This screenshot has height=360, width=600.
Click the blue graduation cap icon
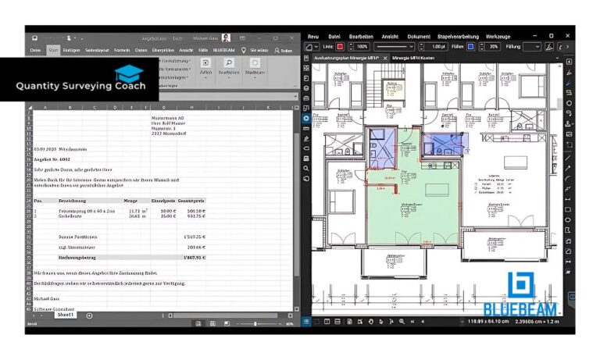coord(129,73)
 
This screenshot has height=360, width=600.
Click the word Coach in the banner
coord(127,87)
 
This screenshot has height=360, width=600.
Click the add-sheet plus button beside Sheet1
coord(89,315)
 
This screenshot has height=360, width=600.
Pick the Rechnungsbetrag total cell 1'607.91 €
coord(193,256)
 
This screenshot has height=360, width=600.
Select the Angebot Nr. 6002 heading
coord(52,159)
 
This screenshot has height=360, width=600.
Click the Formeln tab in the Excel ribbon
coord(123,50)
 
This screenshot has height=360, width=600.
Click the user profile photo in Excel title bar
coord(226,37)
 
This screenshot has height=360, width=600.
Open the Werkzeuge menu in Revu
coord(498,36)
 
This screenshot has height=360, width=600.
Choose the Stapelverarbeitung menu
coord(457,36)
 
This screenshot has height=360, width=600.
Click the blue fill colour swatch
coord(470,47)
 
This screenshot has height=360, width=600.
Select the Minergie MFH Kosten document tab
coord(413,59)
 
